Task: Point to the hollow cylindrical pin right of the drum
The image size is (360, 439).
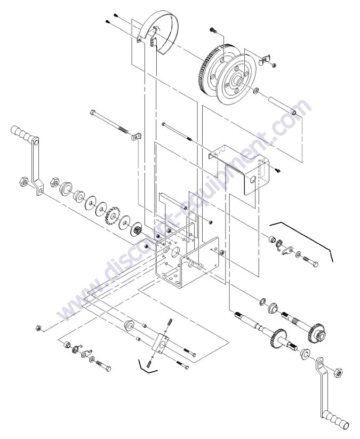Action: (283, 107)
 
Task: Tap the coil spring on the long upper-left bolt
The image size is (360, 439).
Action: (122, 129)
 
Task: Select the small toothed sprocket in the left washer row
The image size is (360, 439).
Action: (113, 215)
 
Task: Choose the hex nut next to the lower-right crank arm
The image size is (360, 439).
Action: (338, 373)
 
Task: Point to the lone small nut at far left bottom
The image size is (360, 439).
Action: (38, 328)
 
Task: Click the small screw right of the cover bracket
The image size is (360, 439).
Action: (278, 170)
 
